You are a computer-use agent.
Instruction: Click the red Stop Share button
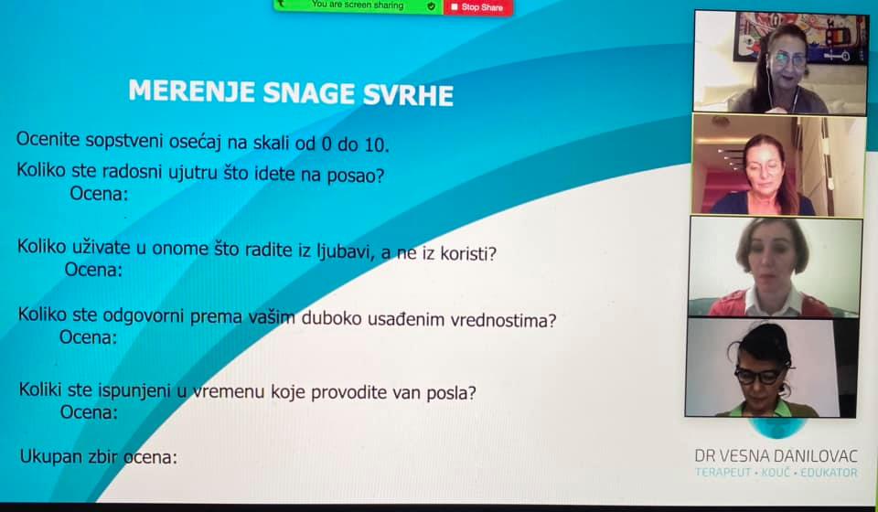477,7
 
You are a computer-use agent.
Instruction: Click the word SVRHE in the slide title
408,94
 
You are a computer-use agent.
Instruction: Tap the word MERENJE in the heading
192,91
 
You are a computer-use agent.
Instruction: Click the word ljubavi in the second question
345,251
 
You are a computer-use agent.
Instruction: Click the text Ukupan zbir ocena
99,456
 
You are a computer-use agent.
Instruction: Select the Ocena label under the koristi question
93,270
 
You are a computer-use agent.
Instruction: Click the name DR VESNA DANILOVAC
776,456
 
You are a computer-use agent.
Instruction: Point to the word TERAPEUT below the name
723,473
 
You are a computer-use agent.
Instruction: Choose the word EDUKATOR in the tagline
829,473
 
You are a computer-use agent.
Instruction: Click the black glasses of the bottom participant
760,374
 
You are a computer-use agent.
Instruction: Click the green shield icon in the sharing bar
431,6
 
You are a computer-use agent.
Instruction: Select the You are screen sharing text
358,5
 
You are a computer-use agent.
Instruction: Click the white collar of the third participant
773,302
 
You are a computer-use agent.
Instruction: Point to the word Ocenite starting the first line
48,139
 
